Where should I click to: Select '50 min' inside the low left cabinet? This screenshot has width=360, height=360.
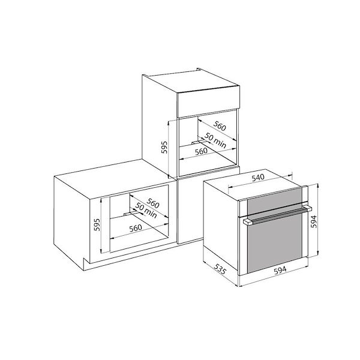(x=146, y=211)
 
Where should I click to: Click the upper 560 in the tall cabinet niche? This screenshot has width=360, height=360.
(x=218, y=127)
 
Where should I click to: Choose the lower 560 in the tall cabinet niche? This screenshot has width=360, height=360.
(x=202, y=152)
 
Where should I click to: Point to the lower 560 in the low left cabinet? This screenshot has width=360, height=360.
(x=135, y=228)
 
